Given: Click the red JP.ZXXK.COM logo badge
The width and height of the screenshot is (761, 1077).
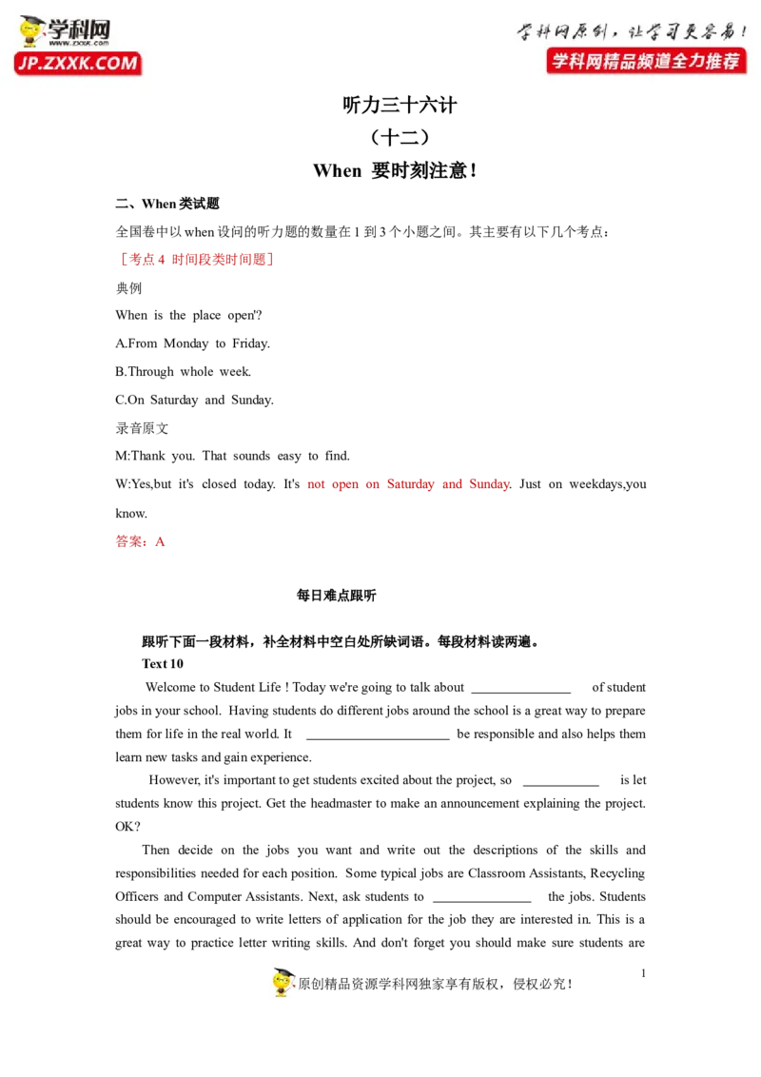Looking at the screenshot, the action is (x=78, y=63).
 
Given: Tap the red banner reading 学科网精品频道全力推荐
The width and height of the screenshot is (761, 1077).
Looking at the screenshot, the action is (x=646, y=61).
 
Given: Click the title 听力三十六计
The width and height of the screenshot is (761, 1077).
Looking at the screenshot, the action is (x=400, y=105).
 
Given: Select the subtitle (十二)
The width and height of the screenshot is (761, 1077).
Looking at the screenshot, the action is (x=400, y=137).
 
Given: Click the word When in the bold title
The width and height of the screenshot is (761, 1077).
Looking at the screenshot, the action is (x=338, y=170).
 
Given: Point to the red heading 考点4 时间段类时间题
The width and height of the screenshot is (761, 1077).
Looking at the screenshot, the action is (x=196, y=259).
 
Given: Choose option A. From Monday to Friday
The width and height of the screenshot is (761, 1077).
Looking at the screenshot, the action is (x=192, y=343).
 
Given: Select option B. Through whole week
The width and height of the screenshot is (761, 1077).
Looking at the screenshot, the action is (x=184, y=372).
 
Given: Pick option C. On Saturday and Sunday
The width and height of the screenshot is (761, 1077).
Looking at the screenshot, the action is (x=194, y=400).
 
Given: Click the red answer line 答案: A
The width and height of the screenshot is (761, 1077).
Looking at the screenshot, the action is (x=140, y=541).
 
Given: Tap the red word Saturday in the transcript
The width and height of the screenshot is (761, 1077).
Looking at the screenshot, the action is (x=411, y=484).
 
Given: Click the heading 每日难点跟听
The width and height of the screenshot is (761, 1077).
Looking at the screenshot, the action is (x=337, y=596).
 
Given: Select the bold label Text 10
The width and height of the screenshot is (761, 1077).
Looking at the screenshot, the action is (x=163, y=663).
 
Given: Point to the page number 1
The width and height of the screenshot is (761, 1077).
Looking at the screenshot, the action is (x=644, y=972).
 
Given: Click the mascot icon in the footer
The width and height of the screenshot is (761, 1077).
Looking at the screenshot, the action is (x=283, y=982).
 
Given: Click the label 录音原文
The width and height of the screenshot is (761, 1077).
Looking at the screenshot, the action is (x=142, y=428).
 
